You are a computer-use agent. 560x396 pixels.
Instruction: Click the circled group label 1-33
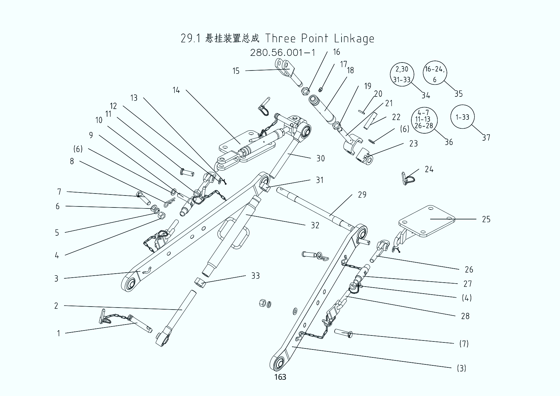[462, 117]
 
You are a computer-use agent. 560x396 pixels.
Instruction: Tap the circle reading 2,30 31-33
[402, 74]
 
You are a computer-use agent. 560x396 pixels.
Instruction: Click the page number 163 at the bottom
[280, 377]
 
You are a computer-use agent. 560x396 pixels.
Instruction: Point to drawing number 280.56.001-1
[283, 53]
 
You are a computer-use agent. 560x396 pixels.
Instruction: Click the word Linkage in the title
[354, 38]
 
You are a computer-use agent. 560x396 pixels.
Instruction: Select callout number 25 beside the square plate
[486, 219]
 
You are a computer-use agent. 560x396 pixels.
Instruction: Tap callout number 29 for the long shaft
[362, 195]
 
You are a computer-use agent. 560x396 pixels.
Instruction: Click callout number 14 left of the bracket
[176, 90]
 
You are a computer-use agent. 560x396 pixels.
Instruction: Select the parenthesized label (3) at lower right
[461, 368]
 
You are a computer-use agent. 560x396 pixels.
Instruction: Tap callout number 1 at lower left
[59, 333]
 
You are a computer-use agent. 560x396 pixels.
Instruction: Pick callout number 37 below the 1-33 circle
[486, 137]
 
